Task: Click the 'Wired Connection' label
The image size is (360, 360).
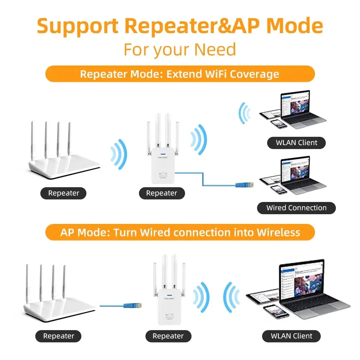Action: coord(296,208)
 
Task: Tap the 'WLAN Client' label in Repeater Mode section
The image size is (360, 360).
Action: coord(296,143)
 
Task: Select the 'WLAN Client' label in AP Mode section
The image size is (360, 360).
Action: coord(292,336)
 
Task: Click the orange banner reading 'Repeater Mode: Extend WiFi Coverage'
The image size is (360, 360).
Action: coord(180,74)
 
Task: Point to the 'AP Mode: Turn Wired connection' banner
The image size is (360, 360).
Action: coord(180,232)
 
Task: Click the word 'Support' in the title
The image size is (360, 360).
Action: coord(78,26)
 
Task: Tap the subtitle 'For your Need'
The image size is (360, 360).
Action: coord(180,49)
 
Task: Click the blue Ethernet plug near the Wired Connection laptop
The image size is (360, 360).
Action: coord(240,185)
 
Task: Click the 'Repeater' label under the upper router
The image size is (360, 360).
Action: coord(63,193)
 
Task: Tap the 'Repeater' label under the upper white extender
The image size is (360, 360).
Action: coord(162,193)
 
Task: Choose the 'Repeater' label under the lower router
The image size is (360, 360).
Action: coord(58,336)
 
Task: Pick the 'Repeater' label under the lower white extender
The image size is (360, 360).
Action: coord(168,336)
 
